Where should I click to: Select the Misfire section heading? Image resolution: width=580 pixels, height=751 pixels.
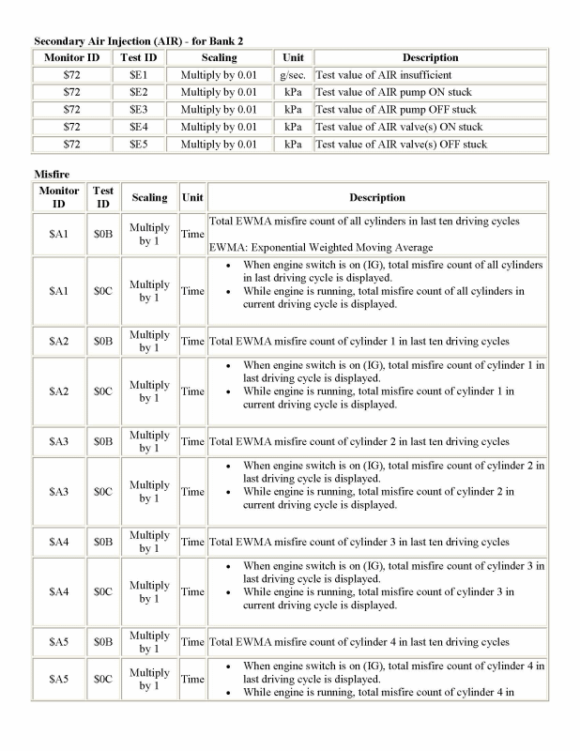(53, 174)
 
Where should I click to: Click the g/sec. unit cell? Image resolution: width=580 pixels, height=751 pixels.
(293, 75)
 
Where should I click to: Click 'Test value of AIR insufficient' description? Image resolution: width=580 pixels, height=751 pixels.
(384, 75)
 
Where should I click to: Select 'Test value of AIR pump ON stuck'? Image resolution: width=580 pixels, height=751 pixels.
(393, 92)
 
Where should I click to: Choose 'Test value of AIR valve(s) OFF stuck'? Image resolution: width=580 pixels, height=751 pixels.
(401, 145)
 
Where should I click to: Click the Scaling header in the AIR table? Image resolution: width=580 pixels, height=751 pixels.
(219, 58)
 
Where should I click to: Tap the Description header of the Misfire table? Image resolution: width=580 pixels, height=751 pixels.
(377, 198)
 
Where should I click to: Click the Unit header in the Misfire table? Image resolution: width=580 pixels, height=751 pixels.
(192, 198)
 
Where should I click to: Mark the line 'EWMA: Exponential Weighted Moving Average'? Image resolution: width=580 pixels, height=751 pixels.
(321, 247)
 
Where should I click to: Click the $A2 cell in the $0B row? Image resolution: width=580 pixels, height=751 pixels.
(59, 341)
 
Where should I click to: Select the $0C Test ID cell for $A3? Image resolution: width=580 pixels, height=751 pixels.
(103, 491)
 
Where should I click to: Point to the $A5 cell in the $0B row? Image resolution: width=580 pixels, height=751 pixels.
(59, 642)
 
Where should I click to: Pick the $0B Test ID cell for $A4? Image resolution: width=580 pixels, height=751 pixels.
(103, 542)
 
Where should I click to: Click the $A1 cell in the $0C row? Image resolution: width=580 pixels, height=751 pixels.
(59, 291)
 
